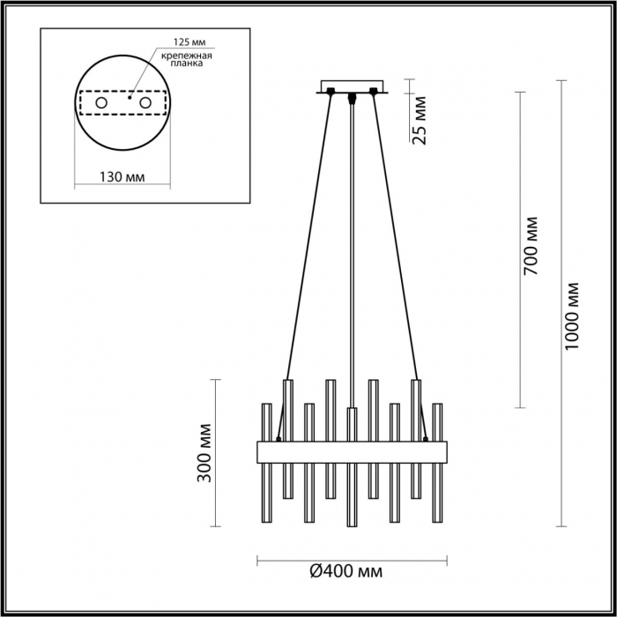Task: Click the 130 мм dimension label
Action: [x=122, y=177]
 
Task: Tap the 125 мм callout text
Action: [x=190, y=42]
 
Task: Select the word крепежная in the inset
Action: [x=187, y=56]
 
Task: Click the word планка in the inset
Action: [x=187, y=63]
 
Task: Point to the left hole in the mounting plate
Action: [x=101, y=103]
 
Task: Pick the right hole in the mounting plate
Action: [x=145, y=103]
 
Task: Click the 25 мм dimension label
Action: [x=420, y=121]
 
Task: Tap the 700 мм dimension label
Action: [x=531, y=246]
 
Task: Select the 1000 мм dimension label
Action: [x=572, y=316]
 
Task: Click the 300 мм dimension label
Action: [x=204, y=453]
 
